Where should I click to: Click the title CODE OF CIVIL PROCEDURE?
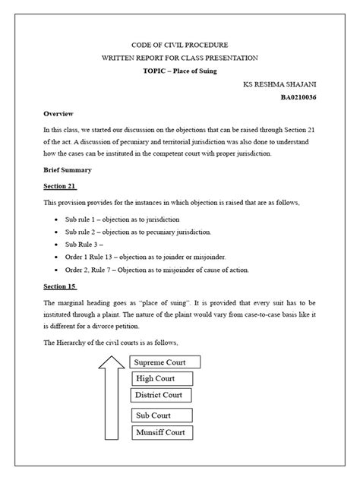(x=180, y=45)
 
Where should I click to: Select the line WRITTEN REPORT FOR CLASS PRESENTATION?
(x=180, y=58)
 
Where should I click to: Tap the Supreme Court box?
(x=168, y=362)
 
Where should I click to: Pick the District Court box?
(x=160, y=395)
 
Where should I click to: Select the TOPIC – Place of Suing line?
(x=180, y=71)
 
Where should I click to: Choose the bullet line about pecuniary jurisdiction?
(x=139, y=231)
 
